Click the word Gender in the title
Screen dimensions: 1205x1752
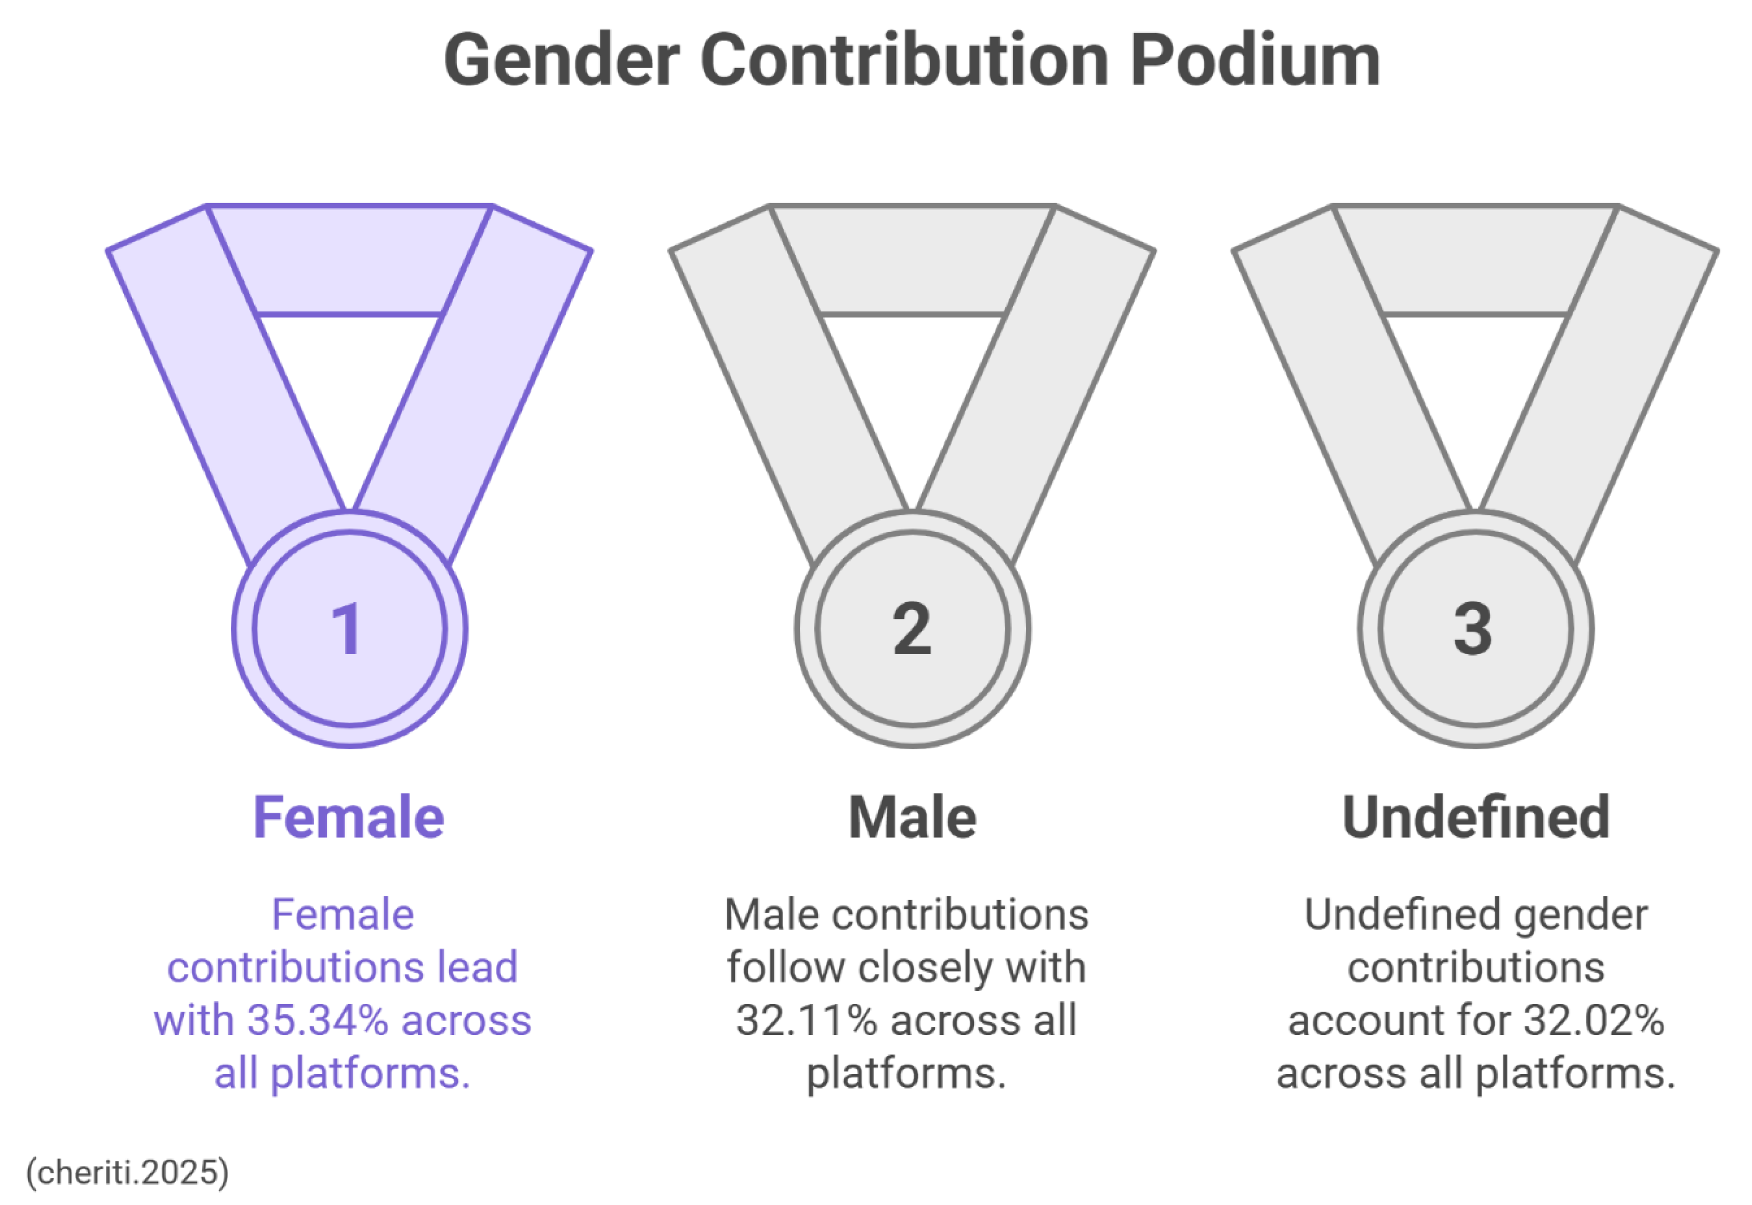pos(562,60)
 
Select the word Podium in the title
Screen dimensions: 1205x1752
pos(1255,60)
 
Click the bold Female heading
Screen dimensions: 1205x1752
pos(348,818)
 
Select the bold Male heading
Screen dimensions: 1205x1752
pos(912,818)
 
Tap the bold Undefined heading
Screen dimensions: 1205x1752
pos(1476,818)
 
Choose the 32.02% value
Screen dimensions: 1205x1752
pos(1594,1021)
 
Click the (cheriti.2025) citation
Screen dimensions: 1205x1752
pos(127,1172)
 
